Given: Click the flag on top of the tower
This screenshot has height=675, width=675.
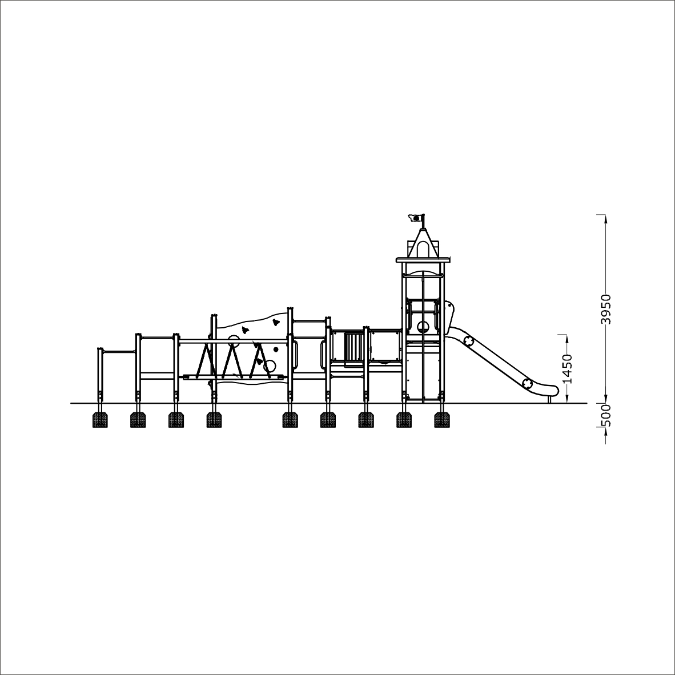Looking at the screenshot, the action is click(415, 218).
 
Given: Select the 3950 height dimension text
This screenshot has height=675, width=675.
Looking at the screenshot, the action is click(606, 309).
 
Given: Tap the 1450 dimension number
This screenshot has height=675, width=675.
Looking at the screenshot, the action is click(568, 368).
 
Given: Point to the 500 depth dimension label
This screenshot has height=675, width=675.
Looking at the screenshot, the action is click(606, 415).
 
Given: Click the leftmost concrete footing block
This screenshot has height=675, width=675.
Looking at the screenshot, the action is click(100, 420).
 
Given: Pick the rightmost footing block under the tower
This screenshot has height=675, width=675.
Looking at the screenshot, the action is click(441, 420).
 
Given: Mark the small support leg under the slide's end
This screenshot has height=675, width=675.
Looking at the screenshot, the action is click(549, 400).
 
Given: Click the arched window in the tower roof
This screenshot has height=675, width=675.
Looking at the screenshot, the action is click(423, 249).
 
